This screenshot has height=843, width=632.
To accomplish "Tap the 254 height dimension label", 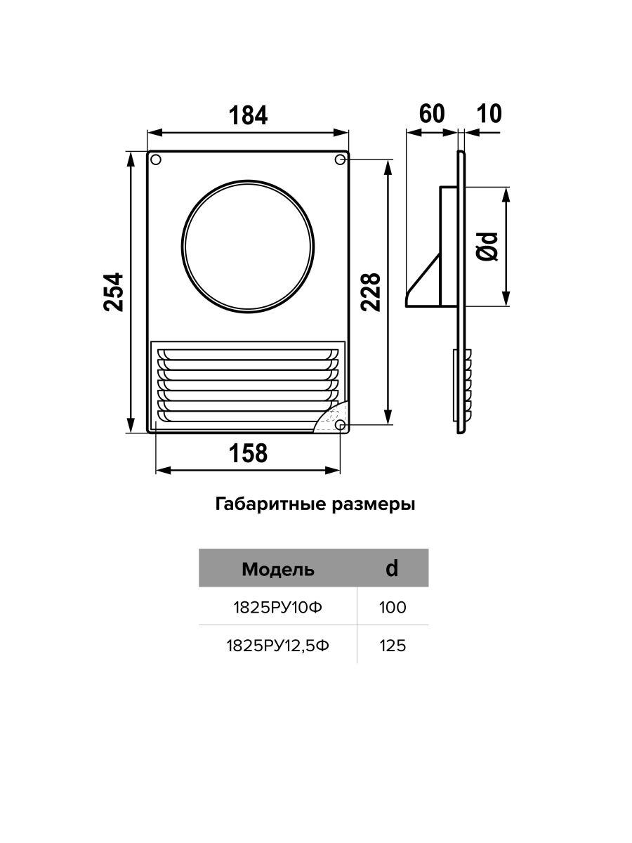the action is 114,292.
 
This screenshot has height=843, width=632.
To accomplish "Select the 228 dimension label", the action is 370,292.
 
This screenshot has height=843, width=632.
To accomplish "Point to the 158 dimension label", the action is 248,453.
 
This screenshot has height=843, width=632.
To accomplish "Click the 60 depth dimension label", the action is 432,113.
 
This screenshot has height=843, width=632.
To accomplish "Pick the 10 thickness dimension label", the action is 489,113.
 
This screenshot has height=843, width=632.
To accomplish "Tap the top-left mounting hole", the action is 156,159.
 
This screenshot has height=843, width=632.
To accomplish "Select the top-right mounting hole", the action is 340,159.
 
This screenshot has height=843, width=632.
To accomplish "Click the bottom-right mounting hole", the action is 340,425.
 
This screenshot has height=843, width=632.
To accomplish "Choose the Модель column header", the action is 278,569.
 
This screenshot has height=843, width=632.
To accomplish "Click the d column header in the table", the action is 392,568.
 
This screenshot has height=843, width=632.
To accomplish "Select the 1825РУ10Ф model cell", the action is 278,608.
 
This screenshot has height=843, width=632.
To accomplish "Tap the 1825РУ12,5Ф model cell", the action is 278,646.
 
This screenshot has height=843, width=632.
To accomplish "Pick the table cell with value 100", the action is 393,608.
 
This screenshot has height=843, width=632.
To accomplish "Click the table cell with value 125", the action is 393,646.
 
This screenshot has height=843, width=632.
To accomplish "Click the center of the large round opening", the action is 248,247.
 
